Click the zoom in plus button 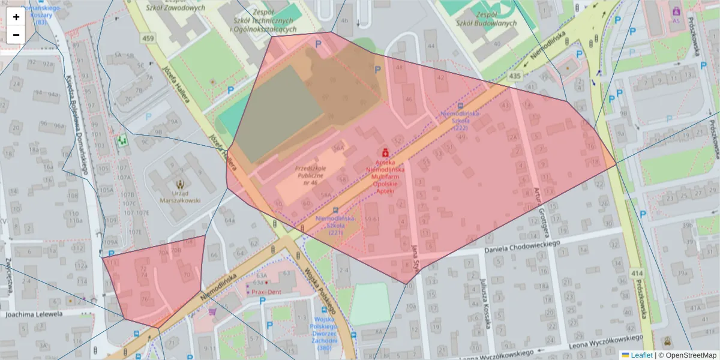coord(16,17)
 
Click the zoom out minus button coord(16,35)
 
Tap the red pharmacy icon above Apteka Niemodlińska coord(385,153)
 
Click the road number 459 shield coord(148,38)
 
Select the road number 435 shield coord(514,76)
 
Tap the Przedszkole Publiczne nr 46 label coord(310,175)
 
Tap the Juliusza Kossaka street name coord(486,304)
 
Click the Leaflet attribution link coord(641,355)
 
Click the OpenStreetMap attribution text coord(688,355)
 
